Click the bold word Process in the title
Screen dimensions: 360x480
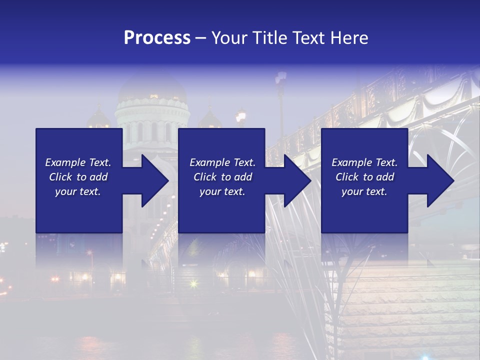(157, 37)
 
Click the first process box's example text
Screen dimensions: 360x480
(78, 177)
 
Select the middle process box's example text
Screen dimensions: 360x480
(222, 177)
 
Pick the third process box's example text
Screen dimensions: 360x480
(364, 177)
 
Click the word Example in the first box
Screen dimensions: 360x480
(65, 162)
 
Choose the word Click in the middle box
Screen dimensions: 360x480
(205, 177)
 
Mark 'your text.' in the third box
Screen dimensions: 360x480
(364, 191)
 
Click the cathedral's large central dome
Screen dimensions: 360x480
(152, 89)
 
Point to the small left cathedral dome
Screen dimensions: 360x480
(98, 119)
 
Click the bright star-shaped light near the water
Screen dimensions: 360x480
(193, 284)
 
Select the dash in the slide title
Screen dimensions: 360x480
(201, 37)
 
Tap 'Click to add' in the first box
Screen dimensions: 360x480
(78, 177)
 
